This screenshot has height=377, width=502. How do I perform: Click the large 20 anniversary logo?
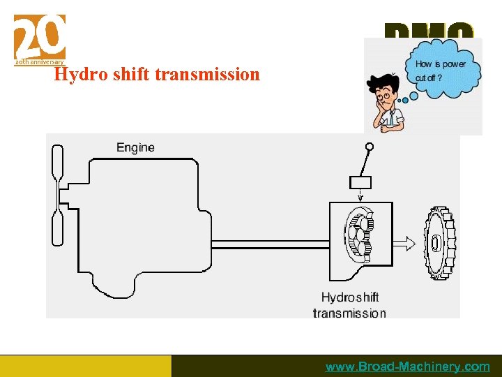[40, 36]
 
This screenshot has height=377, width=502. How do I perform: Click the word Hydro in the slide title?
[77, 74]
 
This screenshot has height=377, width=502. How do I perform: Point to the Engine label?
[135, 147]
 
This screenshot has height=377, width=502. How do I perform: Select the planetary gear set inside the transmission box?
[359, 234]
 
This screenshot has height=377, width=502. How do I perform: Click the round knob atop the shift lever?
[370, 147]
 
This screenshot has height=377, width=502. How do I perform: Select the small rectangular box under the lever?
[360, 182]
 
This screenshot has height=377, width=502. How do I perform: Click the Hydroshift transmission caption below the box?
[349, 305]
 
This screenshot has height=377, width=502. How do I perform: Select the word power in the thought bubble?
[454, 64]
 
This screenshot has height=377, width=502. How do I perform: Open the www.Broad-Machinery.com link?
[407, 367]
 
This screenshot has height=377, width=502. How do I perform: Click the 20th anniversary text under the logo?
[40, 62]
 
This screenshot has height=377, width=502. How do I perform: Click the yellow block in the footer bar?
[85, 366]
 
